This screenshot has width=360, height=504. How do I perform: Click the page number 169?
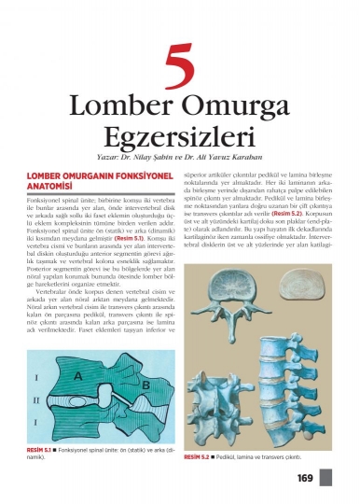305,479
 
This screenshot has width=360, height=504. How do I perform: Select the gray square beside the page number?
325,478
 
